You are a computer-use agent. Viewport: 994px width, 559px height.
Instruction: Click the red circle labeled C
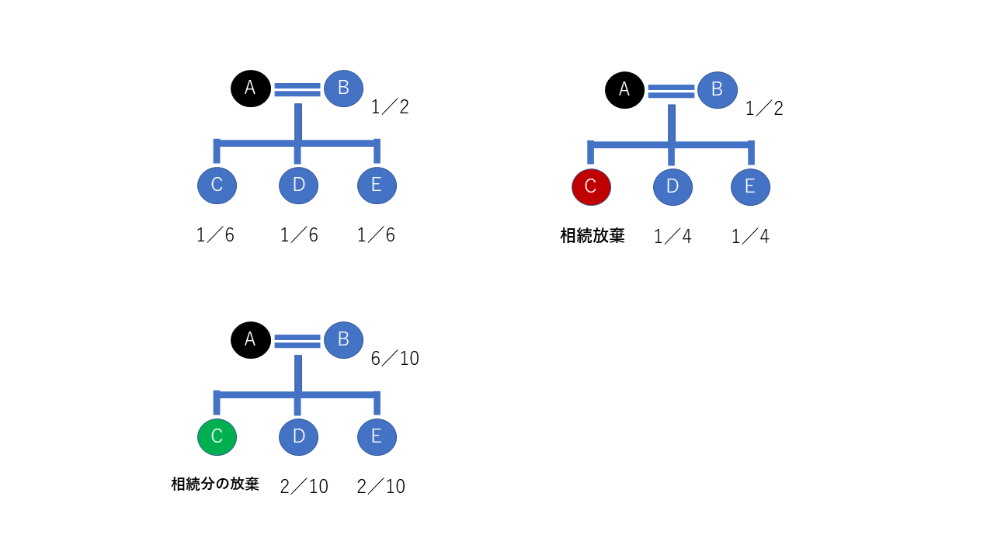tap(591, 186)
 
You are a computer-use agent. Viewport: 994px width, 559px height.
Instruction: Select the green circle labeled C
tap(217, 437)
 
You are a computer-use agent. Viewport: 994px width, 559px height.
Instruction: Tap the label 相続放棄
tap(592, 235)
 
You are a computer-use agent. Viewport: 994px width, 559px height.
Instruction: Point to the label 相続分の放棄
tap(214, 484)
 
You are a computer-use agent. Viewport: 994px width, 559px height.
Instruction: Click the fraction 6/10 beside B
tap(394, 358)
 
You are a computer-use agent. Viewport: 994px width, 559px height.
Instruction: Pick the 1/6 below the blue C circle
tap(215, 235)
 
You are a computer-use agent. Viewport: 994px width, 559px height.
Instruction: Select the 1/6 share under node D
tap(299, 235)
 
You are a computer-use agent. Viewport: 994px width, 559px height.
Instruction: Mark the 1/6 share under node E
tap(376, 235)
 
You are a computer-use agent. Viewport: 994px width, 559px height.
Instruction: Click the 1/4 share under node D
tap(673, 237)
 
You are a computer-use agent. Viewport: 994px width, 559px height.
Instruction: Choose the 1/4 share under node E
tap(750, 237)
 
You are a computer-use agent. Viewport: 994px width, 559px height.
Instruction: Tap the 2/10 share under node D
tap(304, 487)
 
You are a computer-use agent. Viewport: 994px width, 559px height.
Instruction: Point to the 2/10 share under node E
tap(381, 487)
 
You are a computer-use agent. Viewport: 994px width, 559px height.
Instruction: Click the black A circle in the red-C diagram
tap(624, 89)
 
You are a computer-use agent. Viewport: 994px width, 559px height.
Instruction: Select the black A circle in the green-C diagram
tap(250, 339)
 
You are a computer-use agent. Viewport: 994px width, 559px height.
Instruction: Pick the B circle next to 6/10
tap(343, 339)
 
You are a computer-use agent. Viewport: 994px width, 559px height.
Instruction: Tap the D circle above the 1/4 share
tap(673, 186)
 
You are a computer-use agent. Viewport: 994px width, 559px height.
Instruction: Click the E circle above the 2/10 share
tap(377, 437)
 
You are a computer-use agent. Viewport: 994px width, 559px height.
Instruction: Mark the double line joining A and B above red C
tap(671, 91)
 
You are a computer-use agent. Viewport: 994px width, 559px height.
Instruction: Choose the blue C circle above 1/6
tap(217, 185)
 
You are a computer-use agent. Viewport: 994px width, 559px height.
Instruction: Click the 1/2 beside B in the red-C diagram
tap(764, 108)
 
